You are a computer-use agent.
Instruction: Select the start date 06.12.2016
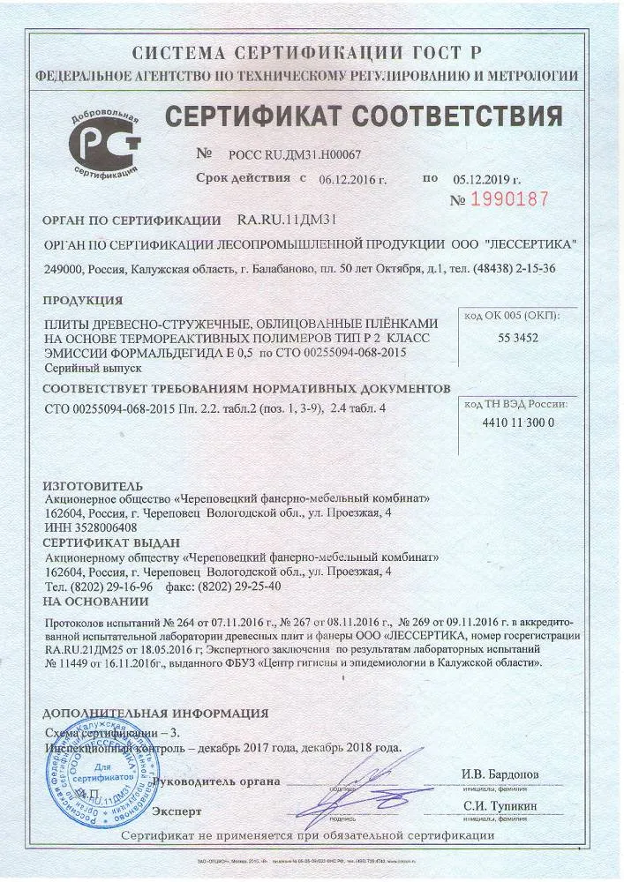tap(353, 179)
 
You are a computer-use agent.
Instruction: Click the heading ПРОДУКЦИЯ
tap(82, 300)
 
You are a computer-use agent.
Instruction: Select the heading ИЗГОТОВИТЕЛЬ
tap(92, 486)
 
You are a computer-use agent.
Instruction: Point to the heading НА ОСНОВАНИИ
tap(95, 601)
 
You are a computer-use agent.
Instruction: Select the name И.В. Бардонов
tap(500, 774)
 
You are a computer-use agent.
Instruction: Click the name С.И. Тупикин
tap(500, 805)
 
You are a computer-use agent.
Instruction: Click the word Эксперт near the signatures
tap(177, 811)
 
